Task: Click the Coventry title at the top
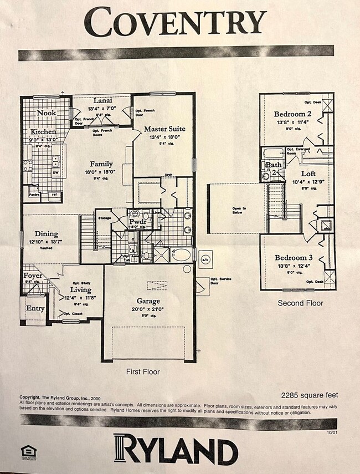[176, 23]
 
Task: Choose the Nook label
[47, 113]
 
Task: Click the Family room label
[101, 164]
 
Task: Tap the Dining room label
[46, 234]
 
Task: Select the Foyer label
[33, 276]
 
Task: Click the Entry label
[35, 308]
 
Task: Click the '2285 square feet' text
[309, 395]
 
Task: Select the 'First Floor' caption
[142, 371]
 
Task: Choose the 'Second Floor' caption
[301, 303]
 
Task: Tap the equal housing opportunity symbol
[25, 450]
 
